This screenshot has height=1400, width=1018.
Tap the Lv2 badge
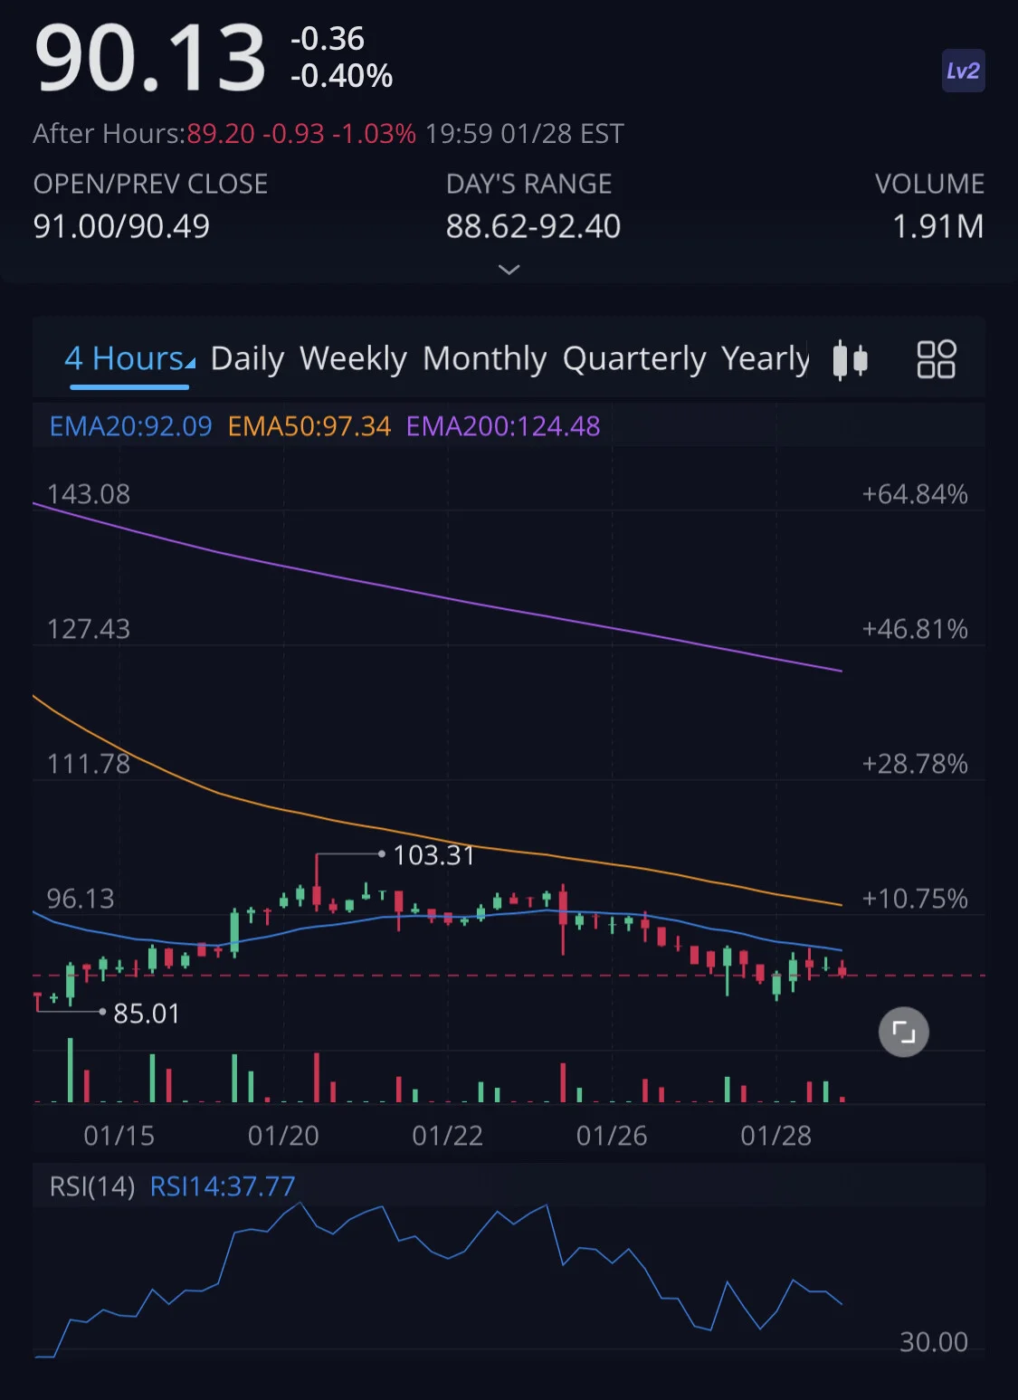[x=963, y=71]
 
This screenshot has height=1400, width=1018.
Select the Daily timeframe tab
[x=247, y=359]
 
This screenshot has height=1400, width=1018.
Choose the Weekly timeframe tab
[x=353, y=358]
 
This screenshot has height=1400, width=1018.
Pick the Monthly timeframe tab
[x=484, y=359]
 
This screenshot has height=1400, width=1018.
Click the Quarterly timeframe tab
[x=633, y=359]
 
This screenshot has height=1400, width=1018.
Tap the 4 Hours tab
[x=129, y=359]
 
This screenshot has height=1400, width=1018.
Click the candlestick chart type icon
[x=850, y=360]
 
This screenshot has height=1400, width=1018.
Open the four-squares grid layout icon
[x=936, y=359]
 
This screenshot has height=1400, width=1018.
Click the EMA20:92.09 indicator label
[x=130, y=426]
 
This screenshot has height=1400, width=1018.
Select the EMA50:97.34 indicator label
[x=309, y=426]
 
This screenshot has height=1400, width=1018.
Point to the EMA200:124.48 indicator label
[x=503, y=426]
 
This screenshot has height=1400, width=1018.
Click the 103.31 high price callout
[x=433, y=855]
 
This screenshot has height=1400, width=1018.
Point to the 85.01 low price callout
[x=147, y=1014]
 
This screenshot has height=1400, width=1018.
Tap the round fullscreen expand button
[x=904, y=1032]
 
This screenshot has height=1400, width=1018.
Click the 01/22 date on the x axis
[x=447, y=1136]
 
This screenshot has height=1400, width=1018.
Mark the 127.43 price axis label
[x=89, y=629]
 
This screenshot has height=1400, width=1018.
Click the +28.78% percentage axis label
[x=915, y=764]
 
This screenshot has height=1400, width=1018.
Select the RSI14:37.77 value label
[x=223, y=1186]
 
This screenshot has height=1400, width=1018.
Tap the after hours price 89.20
[x=221, y=134]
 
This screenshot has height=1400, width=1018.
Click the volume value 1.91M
[x=938, y=226]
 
